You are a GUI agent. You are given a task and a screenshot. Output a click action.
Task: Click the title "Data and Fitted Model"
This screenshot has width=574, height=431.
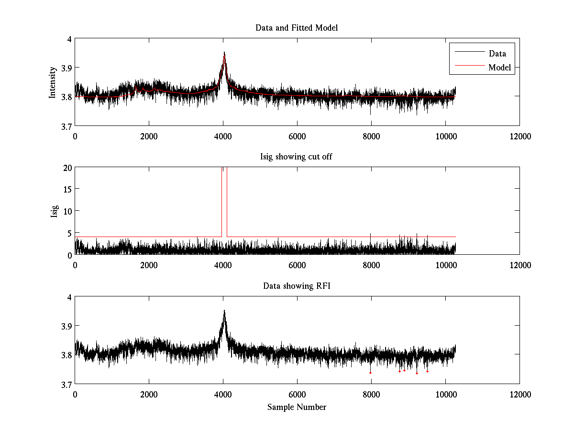[x=297, y=28]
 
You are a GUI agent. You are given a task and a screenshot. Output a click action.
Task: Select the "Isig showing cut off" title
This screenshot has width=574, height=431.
[x=297, y=157]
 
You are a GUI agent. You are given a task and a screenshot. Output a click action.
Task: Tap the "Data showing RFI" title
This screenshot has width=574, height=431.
[x=297, y=286]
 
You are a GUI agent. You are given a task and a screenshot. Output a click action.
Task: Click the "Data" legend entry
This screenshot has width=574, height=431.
[x=497, y=53]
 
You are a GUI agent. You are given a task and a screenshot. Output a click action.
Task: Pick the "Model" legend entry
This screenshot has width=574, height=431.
[x=499, y=68]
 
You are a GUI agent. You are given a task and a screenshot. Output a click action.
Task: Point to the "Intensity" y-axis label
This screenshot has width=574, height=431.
[x=53, y=82]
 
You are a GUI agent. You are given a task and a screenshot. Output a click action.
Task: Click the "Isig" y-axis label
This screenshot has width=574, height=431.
[x=54, y=211]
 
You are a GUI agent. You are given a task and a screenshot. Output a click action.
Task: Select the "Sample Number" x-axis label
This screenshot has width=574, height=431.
[x=297, y=407]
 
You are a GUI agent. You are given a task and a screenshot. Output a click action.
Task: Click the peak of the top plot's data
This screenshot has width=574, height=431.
[x=224, y=53]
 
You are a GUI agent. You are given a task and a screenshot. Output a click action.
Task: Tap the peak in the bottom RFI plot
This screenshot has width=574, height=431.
[x=224, y=310]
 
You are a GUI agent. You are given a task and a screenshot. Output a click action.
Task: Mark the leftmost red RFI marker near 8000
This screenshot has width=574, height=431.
[x=371, y=373]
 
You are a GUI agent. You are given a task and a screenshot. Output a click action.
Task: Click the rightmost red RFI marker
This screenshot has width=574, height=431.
[x=427, y=371]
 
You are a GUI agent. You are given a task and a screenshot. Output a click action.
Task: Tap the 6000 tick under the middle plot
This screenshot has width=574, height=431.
[x=297, y=265]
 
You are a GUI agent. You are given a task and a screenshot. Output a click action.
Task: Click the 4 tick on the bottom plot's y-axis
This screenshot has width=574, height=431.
[x=70, y=297]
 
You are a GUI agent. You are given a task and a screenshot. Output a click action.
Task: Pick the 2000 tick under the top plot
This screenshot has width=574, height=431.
[x=149, y=136]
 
